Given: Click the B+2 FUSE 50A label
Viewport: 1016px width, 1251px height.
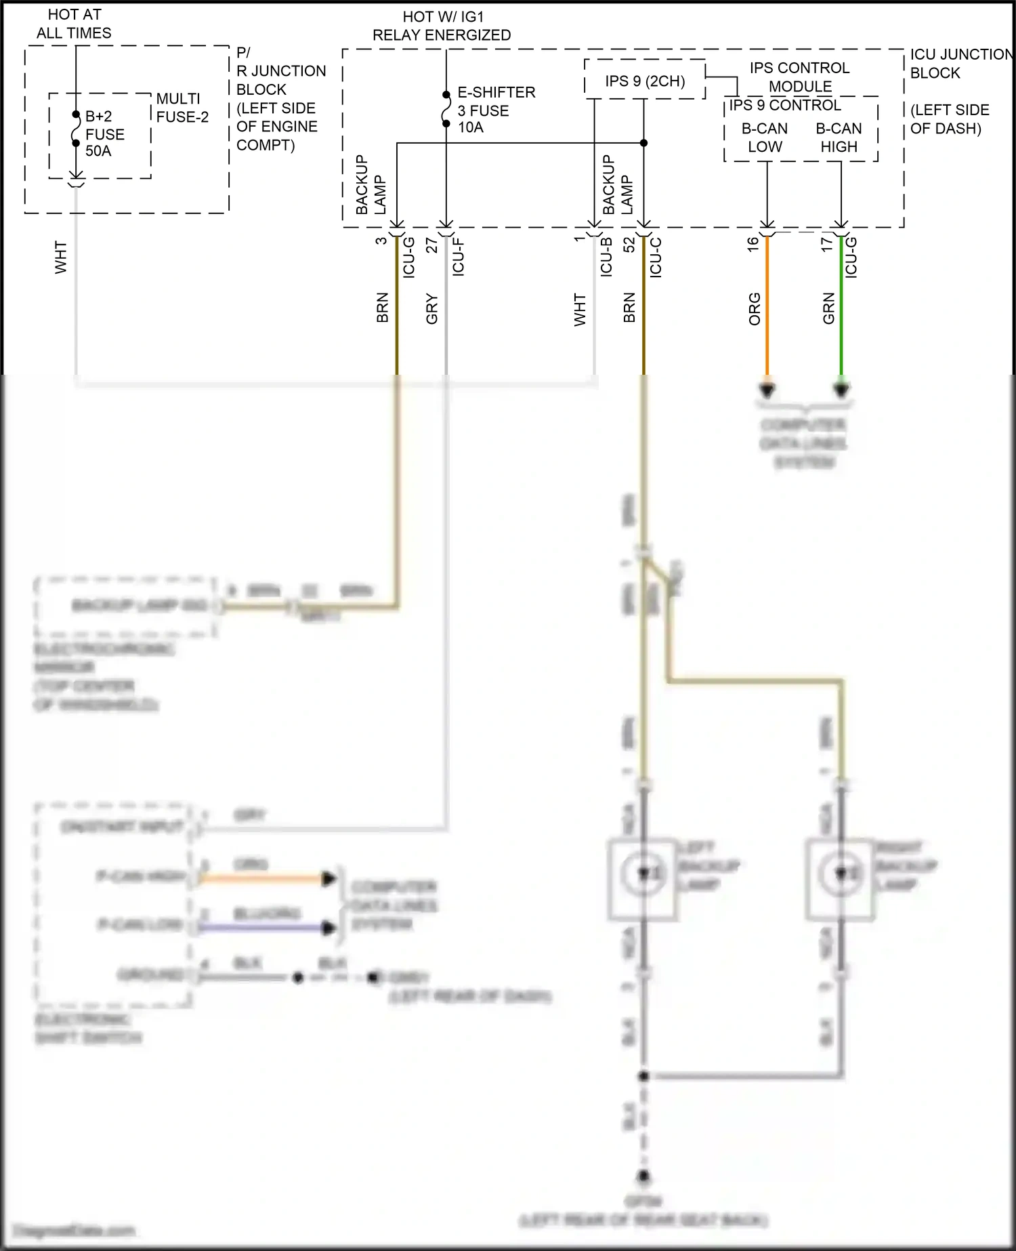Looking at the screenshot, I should [104, 134].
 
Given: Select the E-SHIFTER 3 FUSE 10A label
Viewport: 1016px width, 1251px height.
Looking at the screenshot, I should [496, 110].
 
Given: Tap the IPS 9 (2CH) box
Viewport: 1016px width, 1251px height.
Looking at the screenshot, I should [644, 81].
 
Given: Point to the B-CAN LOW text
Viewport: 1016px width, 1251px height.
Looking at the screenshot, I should [765, 138].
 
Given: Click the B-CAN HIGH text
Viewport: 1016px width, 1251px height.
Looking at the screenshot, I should [839, 138].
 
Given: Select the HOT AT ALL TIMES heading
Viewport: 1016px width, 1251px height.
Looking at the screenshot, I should [74, 24].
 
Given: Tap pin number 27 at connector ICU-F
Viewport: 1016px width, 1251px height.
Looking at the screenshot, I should [431, 245].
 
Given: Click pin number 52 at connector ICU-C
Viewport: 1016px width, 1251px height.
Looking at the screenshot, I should [629, 245].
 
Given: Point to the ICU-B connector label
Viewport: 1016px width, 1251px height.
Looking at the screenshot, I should [606, 256].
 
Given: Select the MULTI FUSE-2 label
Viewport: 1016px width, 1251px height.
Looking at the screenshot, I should [182, 108].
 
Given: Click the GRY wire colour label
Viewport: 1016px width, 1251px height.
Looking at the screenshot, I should [432, 309].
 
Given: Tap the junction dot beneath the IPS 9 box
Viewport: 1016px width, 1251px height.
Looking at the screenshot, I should [643, 143].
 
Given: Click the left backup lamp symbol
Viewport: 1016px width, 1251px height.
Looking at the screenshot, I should [643, 874].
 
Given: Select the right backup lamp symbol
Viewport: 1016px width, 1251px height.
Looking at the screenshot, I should [840, 874].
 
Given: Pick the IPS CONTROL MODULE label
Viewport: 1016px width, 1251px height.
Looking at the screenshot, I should [799, 77].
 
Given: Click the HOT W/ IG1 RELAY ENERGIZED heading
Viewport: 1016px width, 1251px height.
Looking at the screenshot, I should [442, 26].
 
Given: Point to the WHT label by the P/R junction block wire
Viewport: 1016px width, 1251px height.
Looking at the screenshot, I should [61, 257].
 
